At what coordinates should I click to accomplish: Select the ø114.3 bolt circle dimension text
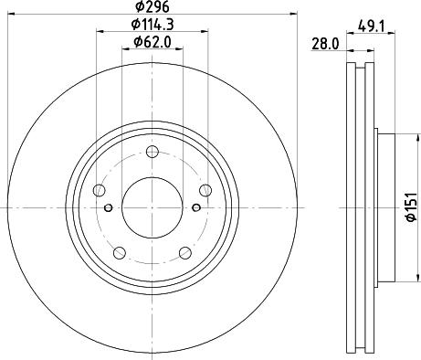click(152, 23)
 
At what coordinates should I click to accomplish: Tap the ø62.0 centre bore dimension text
click(152, 41)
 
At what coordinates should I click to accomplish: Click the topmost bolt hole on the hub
click(152, 152)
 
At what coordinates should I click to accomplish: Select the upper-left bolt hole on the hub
click(100, 190)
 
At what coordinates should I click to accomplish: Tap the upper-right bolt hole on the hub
click(204, 190)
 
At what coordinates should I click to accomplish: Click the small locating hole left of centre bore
click(109, 208)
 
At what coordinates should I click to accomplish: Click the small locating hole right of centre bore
click(195, 208)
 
